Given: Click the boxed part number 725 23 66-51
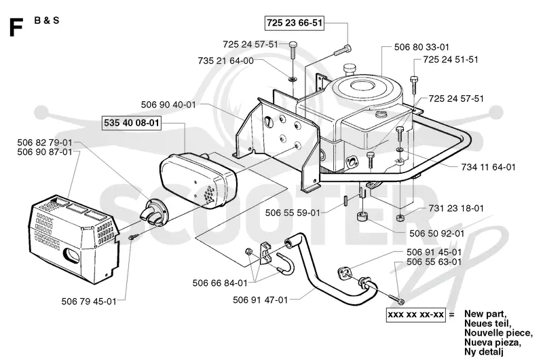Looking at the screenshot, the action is (295, 23).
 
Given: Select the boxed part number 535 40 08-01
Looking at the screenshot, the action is (132, 123).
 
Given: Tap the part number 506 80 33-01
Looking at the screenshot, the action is (422, 47).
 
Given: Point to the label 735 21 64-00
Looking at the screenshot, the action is (226, 60).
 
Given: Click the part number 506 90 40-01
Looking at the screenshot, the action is (168, 105).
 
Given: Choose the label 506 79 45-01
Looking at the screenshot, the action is (89, 302).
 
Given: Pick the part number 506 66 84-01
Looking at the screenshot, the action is (220, 283).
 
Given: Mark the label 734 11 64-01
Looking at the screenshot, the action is (488, 167).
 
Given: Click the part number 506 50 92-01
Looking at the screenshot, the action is (436, 234).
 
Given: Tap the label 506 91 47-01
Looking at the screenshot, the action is (261, 300).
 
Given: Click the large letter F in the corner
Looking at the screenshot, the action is (16, 28).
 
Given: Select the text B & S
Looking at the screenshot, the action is (47, 20).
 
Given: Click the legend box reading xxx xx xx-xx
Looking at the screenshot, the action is (415, 314).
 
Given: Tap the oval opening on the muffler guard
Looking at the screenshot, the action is (71, 255).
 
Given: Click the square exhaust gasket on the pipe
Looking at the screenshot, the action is (344, 274).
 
